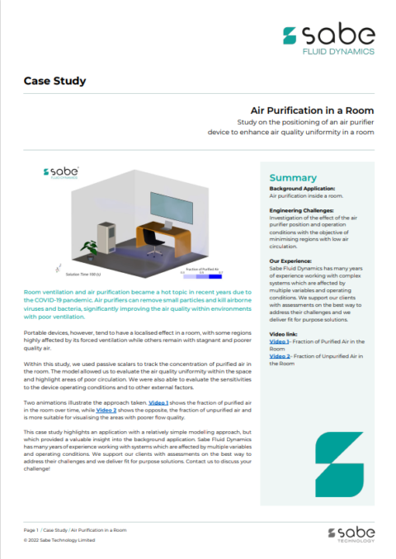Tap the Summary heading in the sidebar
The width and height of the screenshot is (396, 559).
293,177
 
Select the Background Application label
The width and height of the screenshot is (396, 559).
303,189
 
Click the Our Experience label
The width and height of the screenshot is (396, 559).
291,262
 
